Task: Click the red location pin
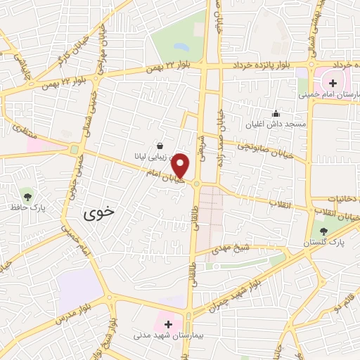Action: point(181,165)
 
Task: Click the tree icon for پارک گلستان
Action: point(323,231)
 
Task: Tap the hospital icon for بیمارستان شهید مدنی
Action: point(168,324)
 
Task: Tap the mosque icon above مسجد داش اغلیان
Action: point(276,113)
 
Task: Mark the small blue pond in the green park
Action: point(181,48)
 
